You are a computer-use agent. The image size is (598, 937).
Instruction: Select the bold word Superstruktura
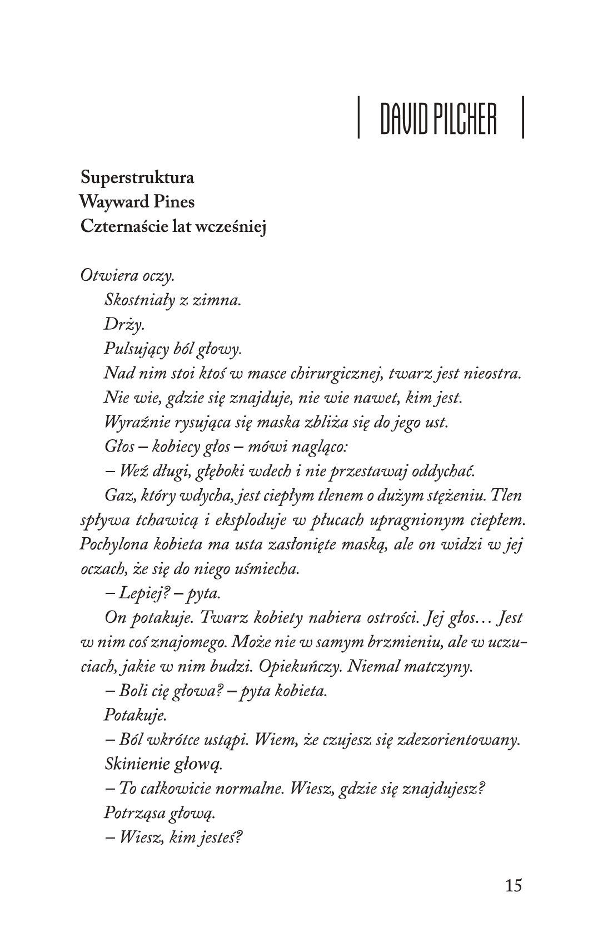click(x=137, y=178)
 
